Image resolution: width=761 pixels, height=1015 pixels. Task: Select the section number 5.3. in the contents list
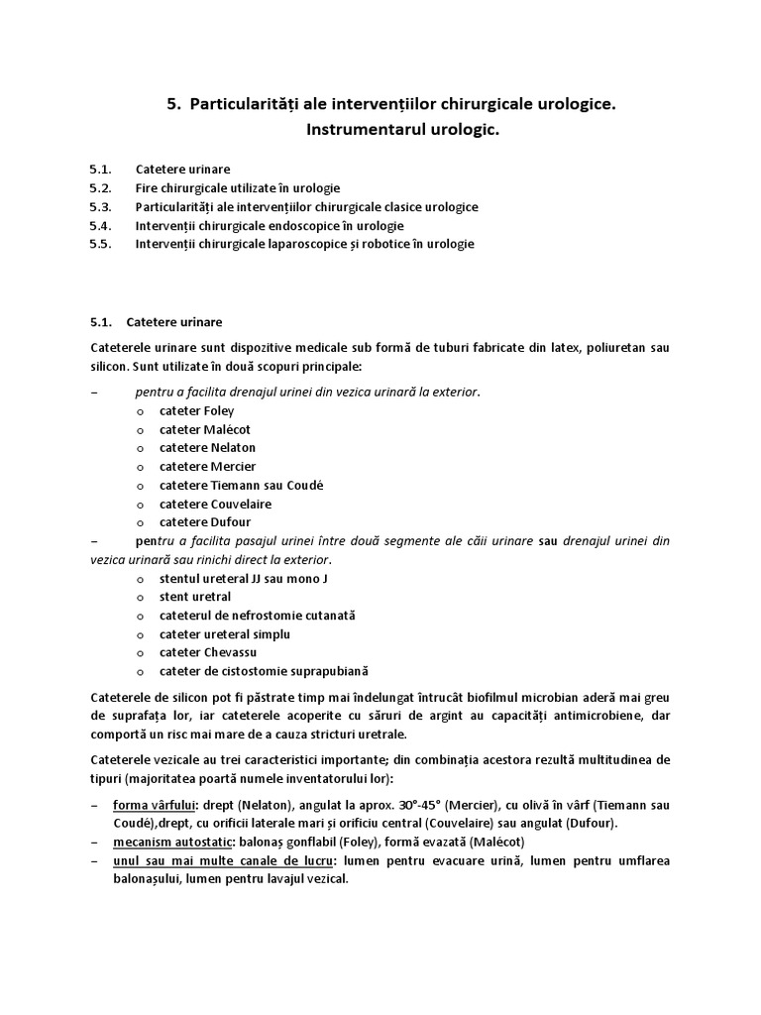pos(102,207)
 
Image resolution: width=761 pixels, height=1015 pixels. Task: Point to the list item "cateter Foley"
pos(196,411)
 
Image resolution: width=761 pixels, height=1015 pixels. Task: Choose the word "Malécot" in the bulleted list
pos(227,430)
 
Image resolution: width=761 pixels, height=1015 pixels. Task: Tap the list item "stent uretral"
pos(195,597)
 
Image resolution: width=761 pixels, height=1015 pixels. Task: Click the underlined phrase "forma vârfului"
pos(153,805)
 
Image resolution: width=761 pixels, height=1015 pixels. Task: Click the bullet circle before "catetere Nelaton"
pos(141,449)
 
